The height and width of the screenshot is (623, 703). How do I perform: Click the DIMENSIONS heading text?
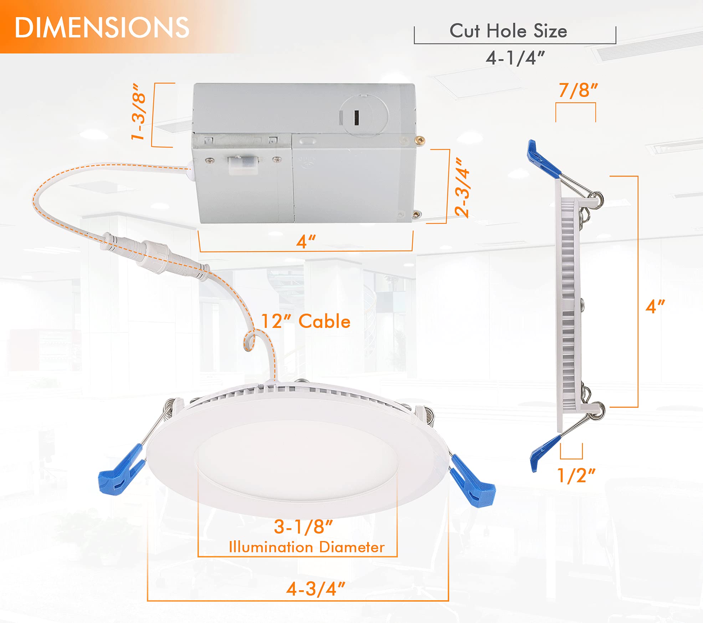(102, 28)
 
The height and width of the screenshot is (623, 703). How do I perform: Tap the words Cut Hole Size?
(508, 31)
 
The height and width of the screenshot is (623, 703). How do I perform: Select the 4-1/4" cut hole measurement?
(515, 58)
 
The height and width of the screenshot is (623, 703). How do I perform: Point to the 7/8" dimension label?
(578, 90)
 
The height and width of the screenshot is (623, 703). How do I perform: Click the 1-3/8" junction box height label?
(138, 112)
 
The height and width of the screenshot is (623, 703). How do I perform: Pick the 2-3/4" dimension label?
(462, 187)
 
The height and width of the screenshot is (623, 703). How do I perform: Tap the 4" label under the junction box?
(306, 242)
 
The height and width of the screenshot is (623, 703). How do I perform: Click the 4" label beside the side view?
(655, 307)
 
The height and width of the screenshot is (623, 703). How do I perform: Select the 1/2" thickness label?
(576, 475)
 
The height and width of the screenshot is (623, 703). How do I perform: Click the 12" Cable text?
(306, 321)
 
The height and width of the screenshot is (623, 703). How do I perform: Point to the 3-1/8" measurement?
(303, 527)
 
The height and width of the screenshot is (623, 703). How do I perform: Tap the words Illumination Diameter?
(307, 547)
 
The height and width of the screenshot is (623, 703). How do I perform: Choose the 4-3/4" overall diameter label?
(316, 589)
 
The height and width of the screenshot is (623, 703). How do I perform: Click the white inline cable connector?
(157, 254)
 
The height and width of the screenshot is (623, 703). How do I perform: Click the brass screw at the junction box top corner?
(421, 140)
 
